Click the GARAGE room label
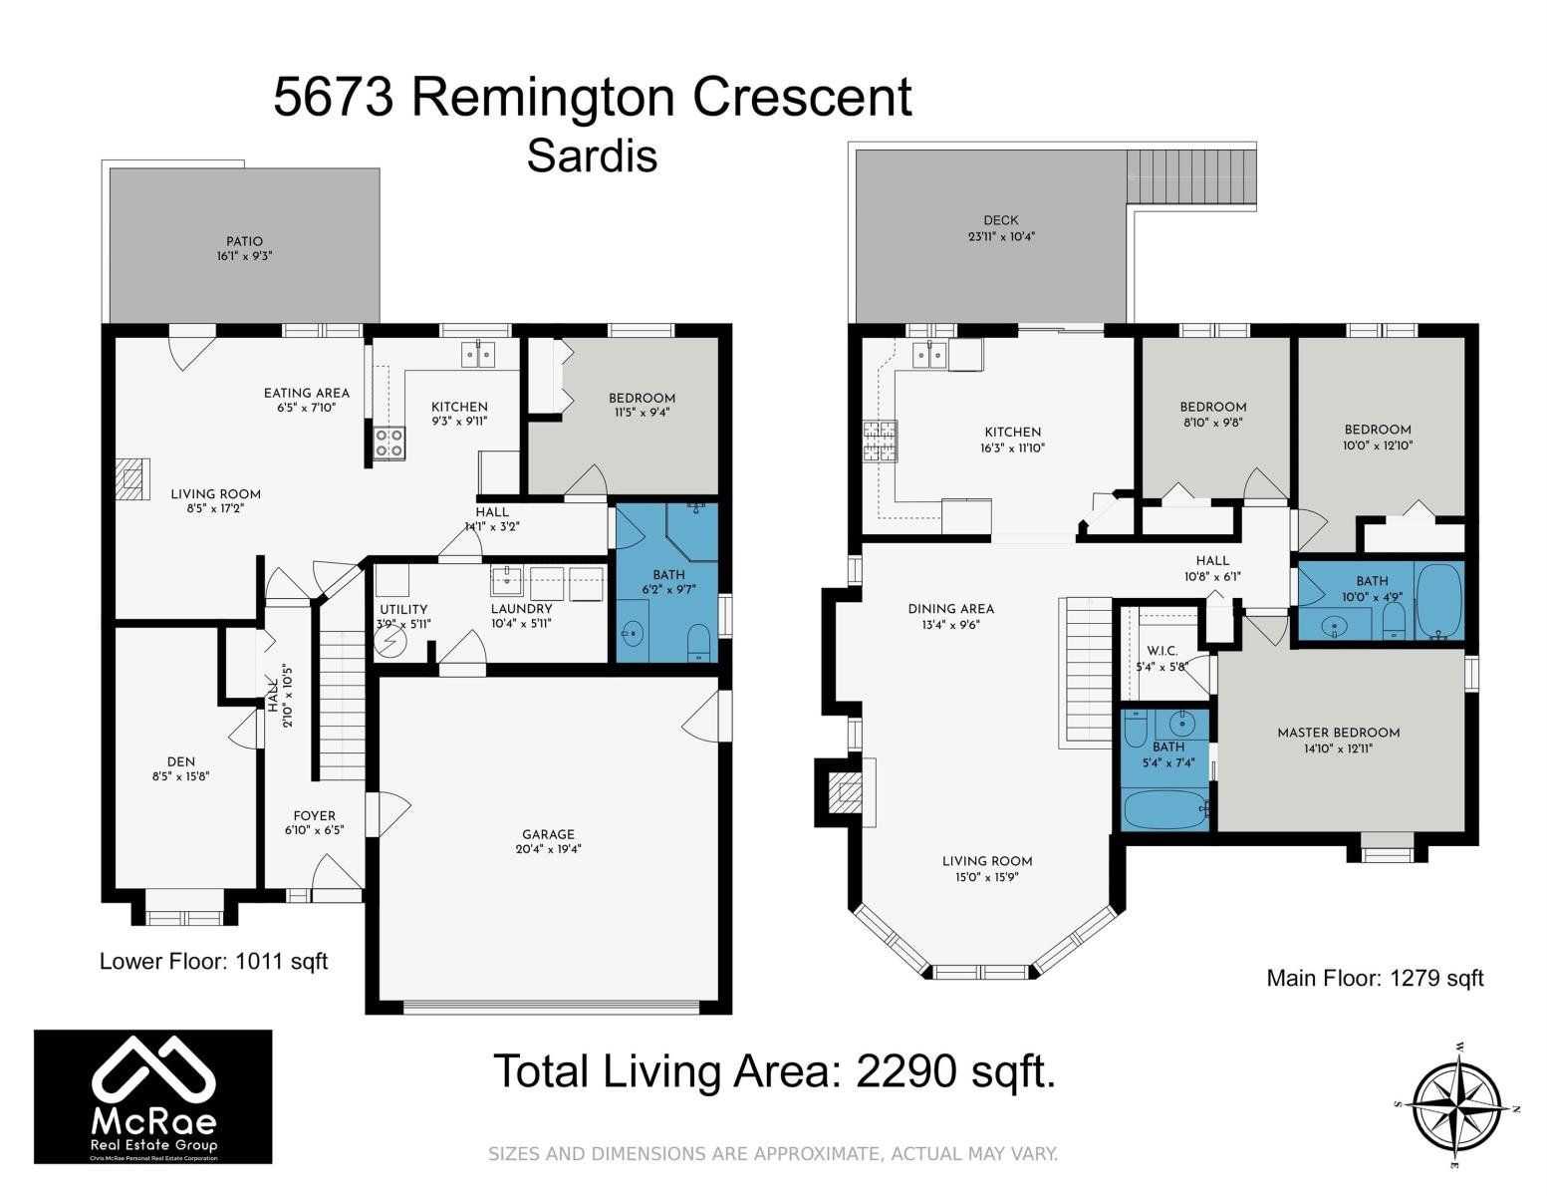click(x=548, y=834)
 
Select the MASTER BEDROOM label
click(x=1339, y=733)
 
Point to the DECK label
click(x=1001, y=221)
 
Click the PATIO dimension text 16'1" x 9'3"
click(x=245, y=256)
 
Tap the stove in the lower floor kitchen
click(x=388, y=443)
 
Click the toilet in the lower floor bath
click(x=699, y=641)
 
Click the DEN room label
click(x=181, y=761)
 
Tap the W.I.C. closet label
click(x=1161, y=651)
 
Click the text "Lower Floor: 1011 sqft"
click(x=213, y=961)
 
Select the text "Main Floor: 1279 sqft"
click(x=1375, y=978)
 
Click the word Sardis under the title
click(x=592, y=156)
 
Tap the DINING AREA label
click(x=951, y=609)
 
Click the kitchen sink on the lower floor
click(x=478, y=354)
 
